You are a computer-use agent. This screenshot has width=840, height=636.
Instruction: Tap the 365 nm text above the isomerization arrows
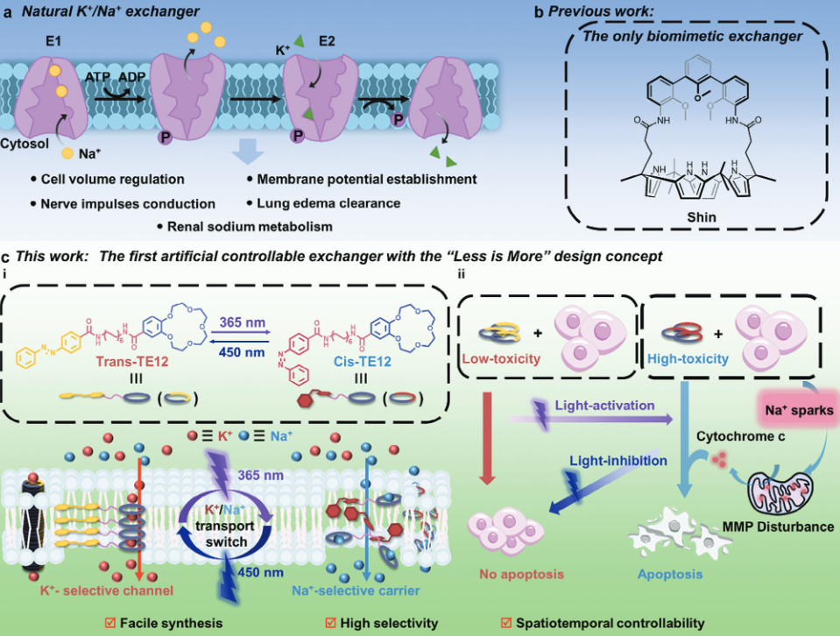pyautogui.click(x=243, y=322)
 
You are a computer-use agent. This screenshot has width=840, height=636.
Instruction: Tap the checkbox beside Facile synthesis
pyautogui.click(x=110, y=624)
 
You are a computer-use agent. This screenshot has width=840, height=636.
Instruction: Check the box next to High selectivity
pyautogui.click(x=330, y=624)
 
